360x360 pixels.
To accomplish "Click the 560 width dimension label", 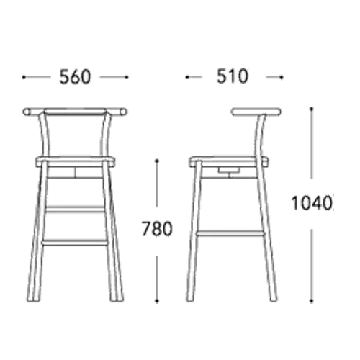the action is pyautogui.click(x=75, y=77).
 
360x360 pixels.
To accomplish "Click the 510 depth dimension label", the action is pyautogui.click(x=232, y=76).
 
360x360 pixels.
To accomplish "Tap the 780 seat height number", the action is pyautogui.click(x=157, y=229).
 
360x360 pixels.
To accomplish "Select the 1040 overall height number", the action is pyautogui.click(x=312, y=203).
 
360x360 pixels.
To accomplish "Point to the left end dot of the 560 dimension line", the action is pyautogui.click(x=24, y=77).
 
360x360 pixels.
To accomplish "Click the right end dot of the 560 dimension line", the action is pyautogui.click(x=127, y=77).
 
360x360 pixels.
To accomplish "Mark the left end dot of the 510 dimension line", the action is pyautogui.click(x=187, y=77).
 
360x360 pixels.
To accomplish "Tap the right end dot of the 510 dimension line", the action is pyautogui.click(x=282, y=77).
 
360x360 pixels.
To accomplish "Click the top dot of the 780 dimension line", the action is pyautogui.click(x=157, y=161).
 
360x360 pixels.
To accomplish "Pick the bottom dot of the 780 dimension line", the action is pyautogui.click(x=157, y=301).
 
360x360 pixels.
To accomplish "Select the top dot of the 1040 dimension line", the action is pyautogui.click(x=312, y=109).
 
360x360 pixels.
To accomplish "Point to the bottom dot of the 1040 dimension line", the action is pyautogui.click(x=312, y=301).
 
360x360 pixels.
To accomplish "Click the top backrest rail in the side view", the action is pyautogui.click(x=256, y=112).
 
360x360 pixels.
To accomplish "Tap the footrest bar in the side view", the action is pyautogui.click(x=231, y=233).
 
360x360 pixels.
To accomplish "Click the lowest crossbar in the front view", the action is pyautogui.click(x=75, y=243).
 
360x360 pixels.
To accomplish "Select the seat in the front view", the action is pyautogui.click(x=75, y=161).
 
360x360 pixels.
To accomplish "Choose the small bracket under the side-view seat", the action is pyautogui.click(x=229, y=170).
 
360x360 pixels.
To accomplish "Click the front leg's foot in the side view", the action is pyautogui.click(x=189, y=299).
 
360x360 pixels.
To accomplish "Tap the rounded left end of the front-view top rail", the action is pyautogui.click(x=26, y=112).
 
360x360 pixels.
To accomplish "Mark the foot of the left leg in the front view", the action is pyautogui.click(x=32, y=299).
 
